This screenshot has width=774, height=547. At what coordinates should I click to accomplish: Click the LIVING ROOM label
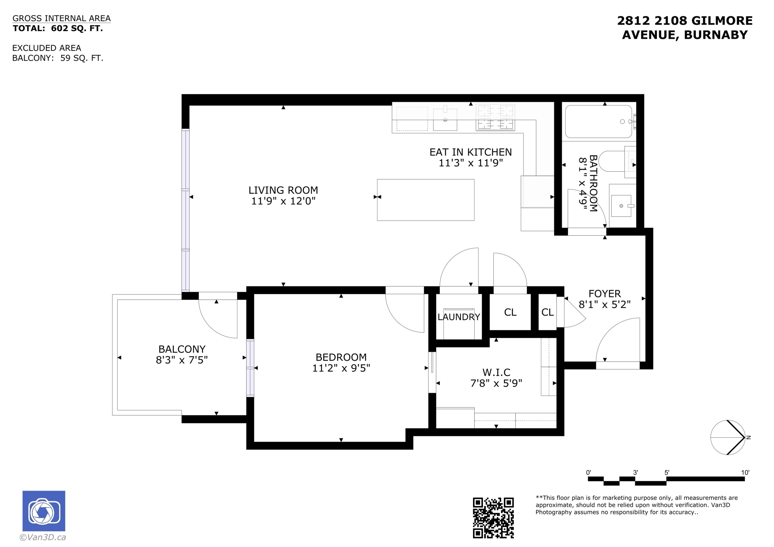(x=283, y=190)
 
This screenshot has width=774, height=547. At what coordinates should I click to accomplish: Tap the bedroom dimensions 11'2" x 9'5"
(x=341, y=368)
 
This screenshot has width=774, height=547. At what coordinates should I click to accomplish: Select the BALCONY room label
(x=182, y=349)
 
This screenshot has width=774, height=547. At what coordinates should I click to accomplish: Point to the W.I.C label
(x=496, y=372)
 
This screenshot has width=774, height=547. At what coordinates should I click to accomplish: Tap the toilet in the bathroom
(x=617, y=162)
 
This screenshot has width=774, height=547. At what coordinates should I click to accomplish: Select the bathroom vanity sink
(x=621, y=206)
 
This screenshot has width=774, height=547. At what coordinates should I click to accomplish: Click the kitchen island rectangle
(x=425, y=200)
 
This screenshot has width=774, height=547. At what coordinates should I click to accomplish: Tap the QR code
(x=493, y=518)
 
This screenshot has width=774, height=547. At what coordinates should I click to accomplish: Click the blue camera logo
(x=44, y=511)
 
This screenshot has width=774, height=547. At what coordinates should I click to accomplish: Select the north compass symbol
(x=728, y=437)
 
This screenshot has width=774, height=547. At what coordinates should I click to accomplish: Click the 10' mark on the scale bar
(x=745, y=472)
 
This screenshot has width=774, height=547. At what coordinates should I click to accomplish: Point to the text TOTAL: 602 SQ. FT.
(x=58, y=29)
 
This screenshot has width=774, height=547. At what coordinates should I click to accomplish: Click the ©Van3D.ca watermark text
(x=43, y=537)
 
